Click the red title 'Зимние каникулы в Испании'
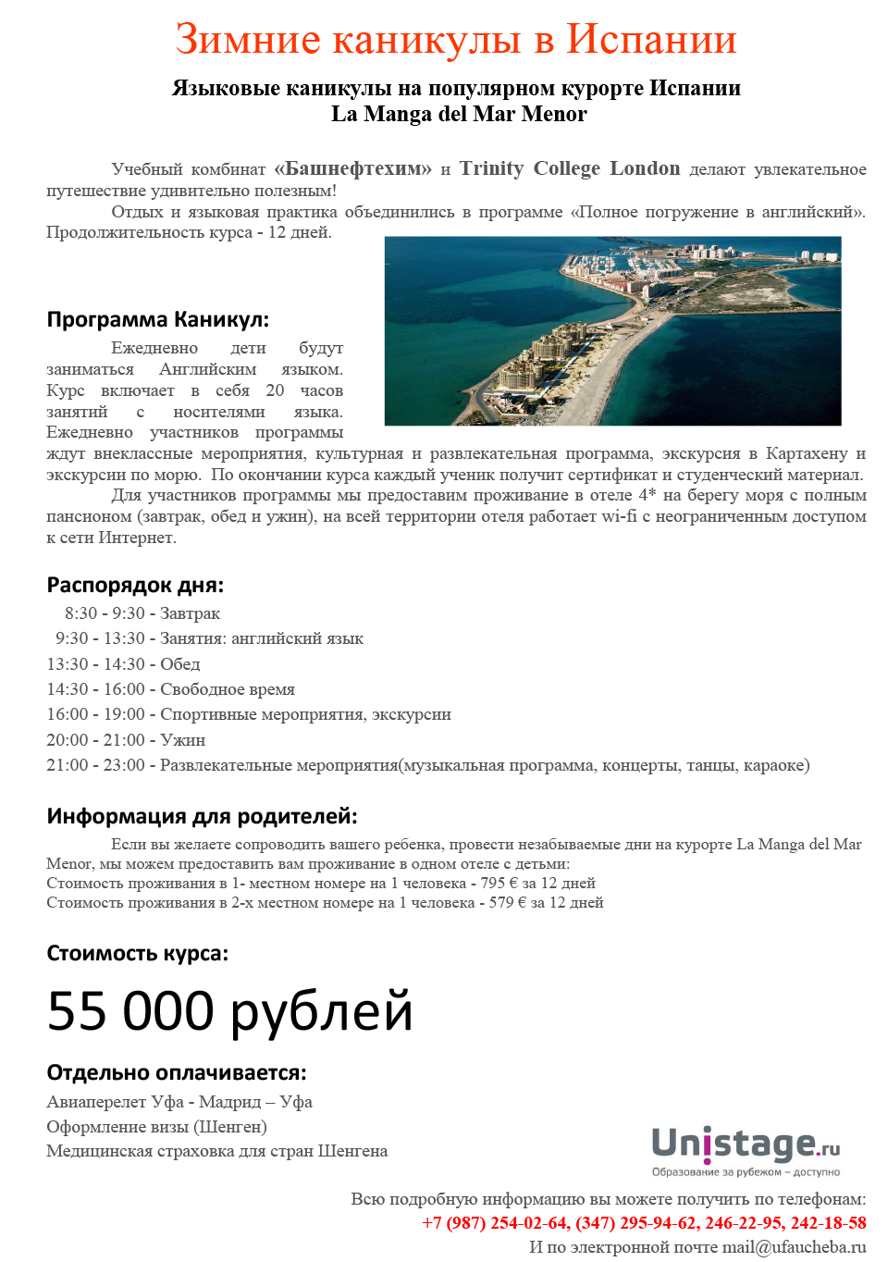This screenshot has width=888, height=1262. pos(456,40)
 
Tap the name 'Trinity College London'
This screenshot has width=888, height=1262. pos(570,168)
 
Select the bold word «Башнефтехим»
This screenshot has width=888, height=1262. pos(352,168)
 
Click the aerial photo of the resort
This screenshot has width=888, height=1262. pos(612,330)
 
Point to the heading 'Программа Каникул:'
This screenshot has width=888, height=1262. pos(158,320)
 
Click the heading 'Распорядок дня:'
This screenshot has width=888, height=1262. pos(135,586)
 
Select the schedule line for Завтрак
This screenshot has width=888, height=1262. pos(142,613)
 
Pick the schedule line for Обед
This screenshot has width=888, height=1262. pos(123,664)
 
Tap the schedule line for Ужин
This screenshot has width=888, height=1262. pos(126,740)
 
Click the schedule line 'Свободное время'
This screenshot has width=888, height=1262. pos(171,689)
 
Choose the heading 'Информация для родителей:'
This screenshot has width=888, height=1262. pos(202,817)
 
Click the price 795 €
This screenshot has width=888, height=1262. pos(499,884)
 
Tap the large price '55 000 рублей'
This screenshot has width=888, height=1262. pos(229,1010)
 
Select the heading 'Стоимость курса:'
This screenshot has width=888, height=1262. pos(137,954)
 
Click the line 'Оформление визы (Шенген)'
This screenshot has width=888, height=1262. pos(156,1127)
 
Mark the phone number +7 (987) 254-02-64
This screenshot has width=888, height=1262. pos(495,1223)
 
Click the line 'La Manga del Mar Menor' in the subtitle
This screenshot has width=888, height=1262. pos(459,114)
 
